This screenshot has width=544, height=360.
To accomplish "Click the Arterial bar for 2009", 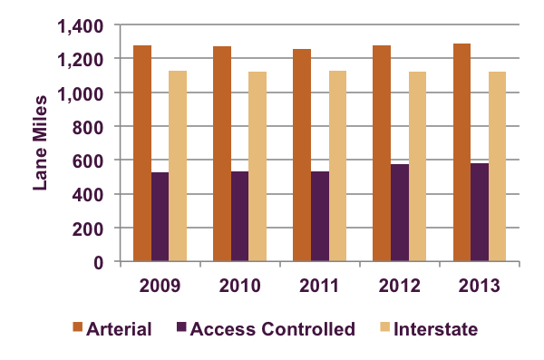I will [x=142, y=153].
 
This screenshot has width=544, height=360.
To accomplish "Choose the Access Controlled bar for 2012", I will [x=400, y=212].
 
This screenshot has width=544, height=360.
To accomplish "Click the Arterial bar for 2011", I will [x=302, y=155].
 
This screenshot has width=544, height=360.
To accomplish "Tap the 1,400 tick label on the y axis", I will [x=80, y=25].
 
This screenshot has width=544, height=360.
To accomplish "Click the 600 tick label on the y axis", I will [x=89, y=161].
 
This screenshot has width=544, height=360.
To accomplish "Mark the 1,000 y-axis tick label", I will [x=80, y=93].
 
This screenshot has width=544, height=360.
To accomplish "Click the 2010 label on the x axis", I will [x=240, y=286].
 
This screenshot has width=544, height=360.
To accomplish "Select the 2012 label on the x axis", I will [x=400, y=286].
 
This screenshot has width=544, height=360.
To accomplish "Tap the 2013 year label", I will [x=480, y=286].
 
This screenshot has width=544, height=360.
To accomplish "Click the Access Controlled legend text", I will [x=274, y=329].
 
